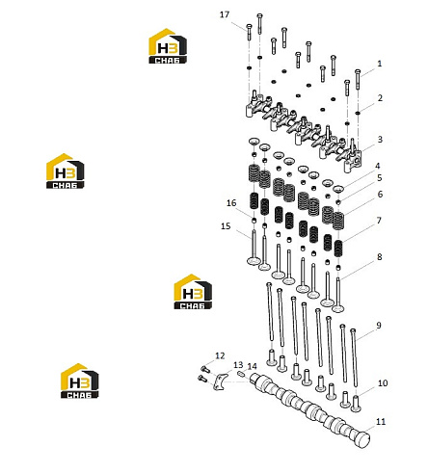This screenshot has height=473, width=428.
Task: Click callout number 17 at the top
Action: [x=225, y=14]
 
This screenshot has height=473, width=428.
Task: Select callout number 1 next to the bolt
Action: [x=380, y=64]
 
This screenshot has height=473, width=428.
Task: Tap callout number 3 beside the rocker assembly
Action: [x=380, y=140]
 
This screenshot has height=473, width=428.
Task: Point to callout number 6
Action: [x=380, y=194]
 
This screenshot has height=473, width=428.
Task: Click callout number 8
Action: [x=380, y=257]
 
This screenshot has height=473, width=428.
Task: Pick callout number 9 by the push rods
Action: [x=379, y=326]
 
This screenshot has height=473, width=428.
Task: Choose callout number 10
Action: [x=383, y=383]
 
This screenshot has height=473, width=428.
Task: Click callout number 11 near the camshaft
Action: [x=381, y=422]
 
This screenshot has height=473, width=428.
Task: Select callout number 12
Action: [x=220, y=355]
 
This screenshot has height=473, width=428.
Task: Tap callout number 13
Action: [x=238, y=365]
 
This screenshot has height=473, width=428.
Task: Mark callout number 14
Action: [x=253, y=366]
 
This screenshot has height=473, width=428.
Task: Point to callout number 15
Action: [x=226, y=226]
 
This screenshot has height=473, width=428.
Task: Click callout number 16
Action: [x=231, y=203]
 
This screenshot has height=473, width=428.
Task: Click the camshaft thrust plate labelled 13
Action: [x=220, y=381]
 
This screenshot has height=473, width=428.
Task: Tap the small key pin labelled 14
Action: [x=242, y=374]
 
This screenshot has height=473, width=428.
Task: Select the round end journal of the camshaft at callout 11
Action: [x=363, y=439]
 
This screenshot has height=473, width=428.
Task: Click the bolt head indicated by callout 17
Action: [x=249, y=26]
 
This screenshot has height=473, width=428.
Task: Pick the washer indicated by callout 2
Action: [x=358, y=113]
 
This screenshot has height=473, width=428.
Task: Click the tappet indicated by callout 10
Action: [x=356, y=404]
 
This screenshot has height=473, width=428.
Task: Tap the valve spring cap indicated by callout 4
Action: [x=338, y=189]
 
